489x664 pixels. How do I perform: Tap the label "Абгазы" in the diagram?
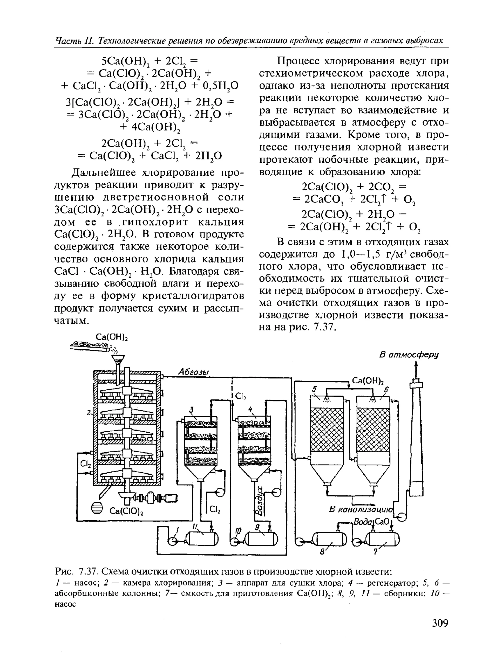(x=194, y=372)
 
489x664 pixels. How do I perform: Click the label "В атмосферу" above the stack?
(x=409, y=355)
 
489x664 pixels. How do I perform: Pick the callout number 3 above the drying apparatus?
(x=191, y=410)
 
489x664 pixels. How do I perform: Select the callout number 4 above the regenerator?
(x=250, y=409)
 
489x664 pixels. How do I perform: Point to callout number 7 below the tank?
(x=375, y=552)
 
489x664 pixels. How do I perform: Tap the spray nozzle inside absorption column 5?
(x=327, y=399)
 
